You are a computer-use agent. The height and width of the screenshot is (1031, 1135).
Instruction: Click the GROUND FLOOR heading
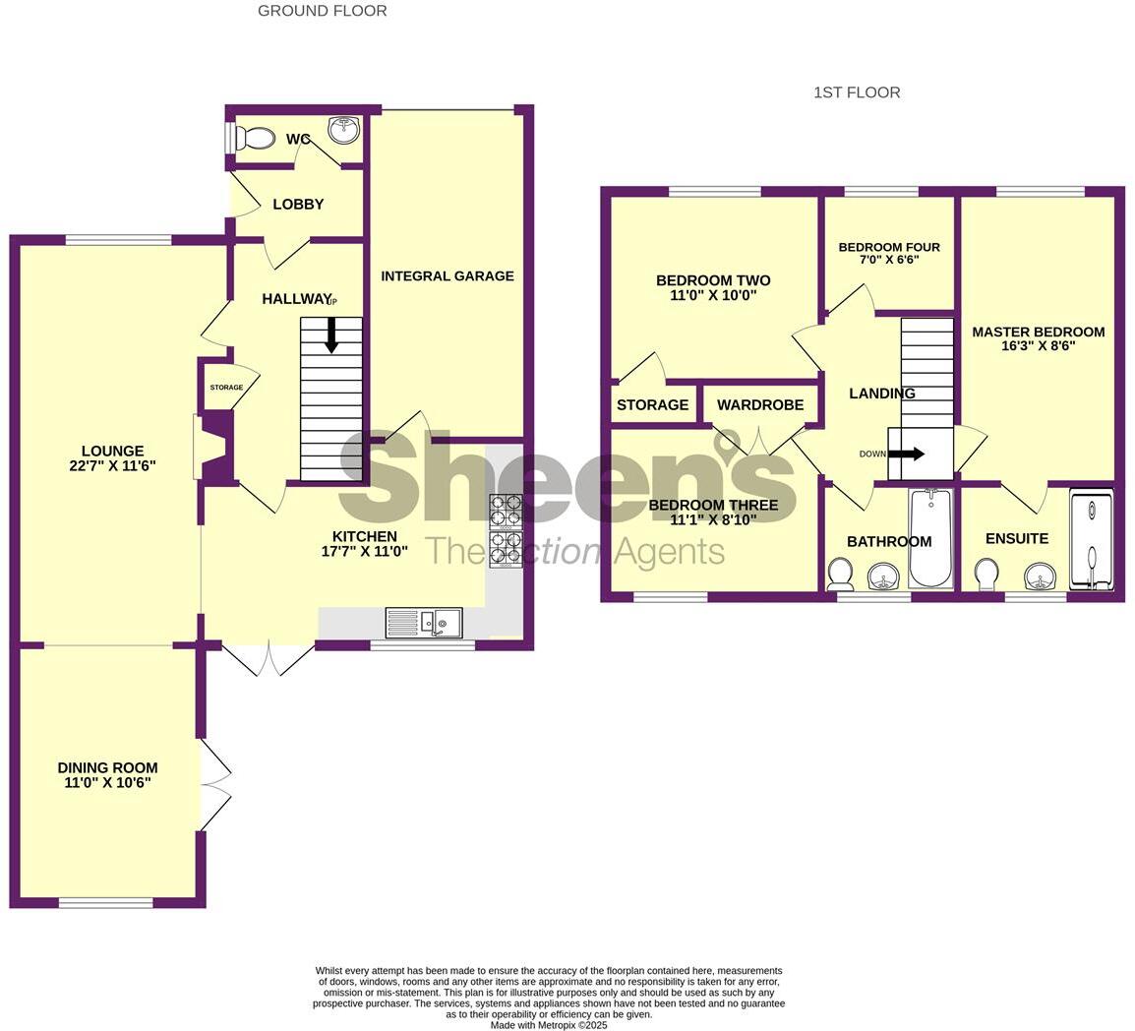coord(322,11)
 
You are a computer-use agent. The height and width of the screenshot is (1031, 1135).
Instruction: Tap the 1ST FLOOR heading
coord(857,92)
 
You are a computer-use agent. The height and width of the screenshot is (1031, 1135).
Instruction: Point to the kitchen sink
coord(438,623)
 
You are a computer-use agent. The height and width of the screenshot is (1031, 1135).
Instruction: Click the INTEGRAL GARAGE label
coord(448,276)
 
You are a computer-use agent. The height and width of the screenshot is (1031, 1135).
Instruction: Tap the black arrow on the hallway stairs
coord(331,335)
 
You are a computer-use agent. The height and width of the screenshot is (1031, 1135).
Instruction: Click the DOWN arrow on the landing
coord(905,454)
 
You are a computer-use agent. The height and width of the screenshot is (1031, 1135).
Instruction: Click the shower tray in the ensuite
coord(1091,541)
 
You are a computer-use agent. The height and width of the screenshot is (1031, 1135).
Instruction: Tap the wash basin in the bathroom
coord(883,576)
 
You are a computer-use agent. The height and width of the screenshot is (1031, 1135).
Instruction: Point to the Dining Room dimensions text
coord(107,783)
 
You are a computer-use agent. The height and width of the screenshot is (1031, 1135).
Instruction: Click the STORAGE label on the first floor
coord(652,405)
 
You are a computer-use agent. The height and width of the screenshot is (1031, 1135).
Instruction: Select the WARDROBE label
coord(759,405)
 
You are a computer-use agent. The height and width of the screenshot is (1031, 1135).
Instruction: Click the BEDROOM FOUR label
coord(889,248)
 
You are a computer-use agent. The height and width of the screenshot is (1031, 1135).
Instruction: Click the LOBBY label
coord(298,205)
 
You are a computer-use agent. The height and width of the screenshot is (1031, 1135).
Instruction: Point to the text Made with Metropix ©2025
coord(550,1024)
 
